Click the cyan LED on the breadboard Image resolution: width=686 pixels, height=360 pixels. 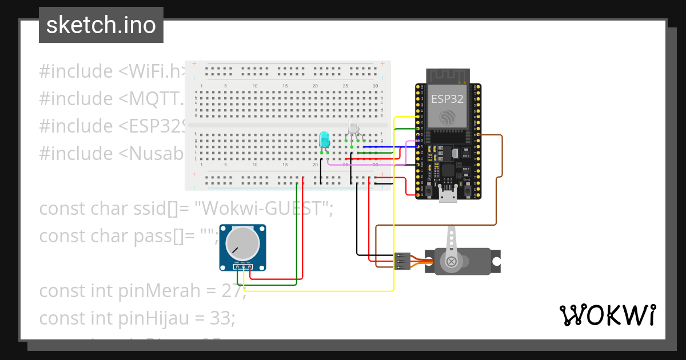324,139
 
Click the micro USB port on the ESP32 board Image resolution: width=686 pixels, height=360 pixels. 448,197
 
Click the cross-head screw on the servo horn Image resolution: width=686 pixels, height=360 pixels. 452,262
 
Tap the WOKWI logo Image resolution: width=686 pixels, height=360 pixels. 607,315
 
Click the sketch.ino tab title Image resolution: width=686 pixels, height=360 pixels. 101,25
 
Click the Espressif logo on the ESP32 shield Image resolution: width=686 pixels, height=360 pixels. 448,117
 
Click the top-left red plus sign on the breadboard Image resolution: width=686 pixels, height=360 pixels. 194,63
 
